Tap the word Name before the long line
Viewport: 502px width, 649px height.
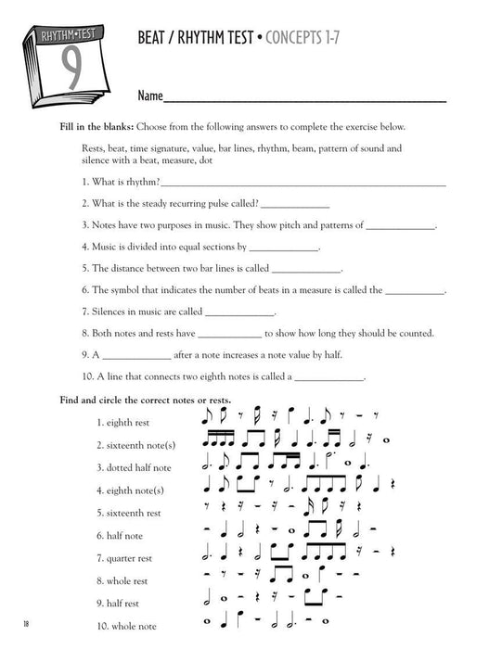coord(149,95)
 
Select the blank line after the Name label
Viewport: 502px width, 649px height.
coord(305,98)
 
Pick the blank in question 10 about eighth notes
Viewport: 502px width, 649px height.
coord(329,377)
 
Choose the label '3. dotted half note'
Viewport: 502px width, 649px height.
coord(134,467)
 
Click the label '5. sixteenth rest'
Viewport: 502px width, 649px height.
coord(128,513)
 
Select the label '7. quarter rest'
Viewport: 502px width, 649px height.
coord(127,558)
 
